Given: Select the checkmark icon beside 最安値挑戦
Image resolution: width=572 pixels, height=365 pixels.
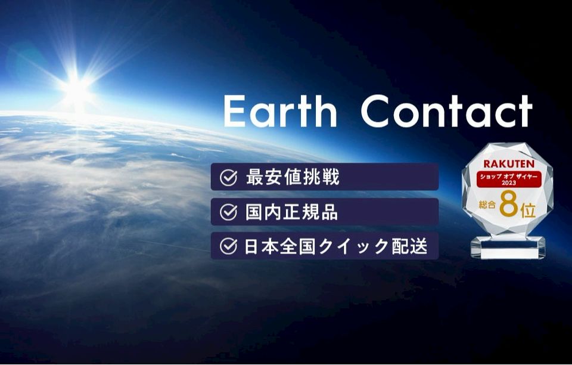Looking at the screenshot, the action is [x=229, y=177].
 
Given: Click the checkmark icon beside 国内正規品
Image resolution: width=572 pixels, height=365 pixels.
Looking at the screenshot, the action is [x=229, y=212].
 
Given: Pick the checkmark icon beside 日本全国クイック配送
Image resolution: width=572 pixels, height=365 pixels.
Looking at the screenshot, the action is [x=229, y=246].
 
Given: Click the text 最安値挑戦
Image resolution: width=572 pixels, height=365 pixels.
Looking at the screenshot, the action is [x=293, y=177].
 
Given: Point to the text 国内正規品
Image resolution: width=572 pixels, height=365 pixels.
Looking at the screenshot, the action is [x=291, y=212].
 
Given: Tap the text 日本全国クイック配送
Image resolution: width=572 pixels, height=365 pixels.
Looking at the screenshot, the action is [x=335, y=246].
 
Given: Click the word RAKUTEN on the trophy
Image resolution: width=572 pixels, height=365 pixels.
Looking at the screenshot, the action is [x=509, y=163].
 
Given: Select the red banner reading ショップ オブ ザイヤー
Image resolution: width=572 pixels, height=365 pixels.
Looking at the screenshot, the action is [x=509, y=179].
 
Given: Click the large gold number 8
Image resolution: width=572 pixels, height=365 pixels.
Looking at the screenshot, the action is [x=509, y=205].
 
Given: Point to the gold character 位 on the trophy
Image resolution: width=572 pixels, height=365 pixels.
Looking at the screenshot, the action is [x=529, y=211].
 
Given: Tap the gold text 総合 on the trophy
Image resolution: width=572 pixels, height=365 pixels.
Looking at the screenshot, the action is [x=487, y=205].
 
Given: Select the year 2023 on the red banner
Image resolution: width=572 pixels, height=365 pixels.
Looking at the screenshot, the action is [x=509, y=183].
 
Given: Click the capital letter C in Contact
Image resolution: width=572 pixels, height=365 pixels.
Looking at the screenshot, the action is [x=376, y=111].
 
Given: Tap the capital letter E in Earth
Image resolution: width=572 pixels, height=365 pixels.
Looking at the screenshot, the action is [x=234, y=111].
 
